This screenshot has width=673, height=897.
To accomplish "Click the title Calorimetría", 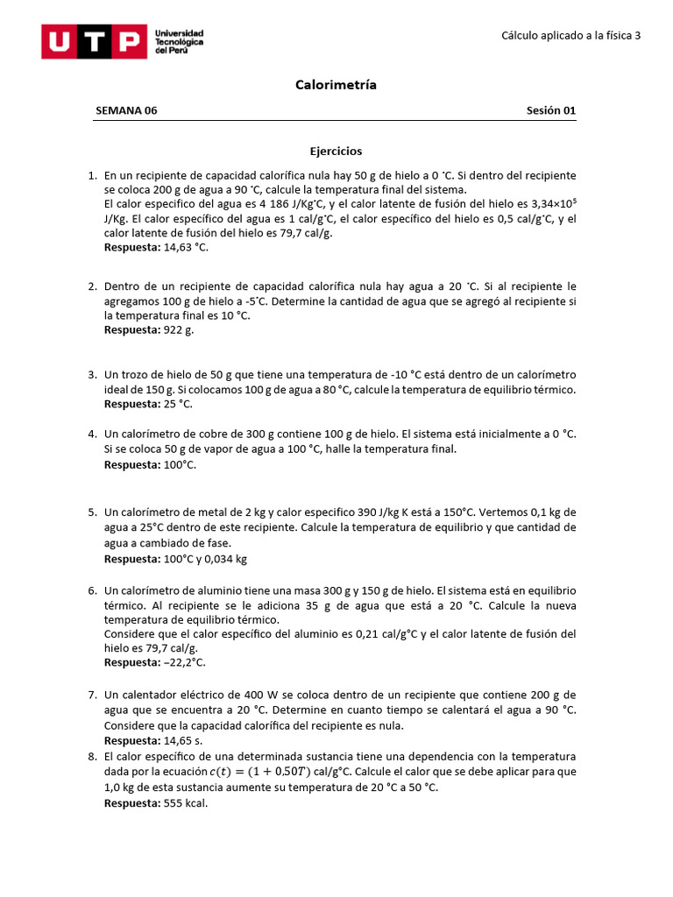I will tap(336, 85).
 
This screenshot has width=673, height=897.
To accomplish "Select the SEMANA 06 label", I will tap(126, 110).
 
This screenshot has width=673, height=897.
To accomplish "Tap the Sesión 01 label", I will tap(550, 110).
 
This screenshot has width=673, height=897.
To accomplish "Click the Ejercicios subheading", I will tap(336, 152).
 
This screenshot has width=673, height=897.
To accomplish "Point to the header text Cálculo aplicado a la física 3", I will tap(570, 36).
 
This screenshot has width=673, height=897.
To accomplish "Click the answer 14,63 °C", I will tap(186, 247).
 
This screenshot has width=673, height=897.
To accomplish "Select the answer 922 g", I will tap(179, 329).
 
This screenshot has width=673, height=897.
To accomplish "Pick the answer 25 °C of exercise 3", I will tap(178, 404).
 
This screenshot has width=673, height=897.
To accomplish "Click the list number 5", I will tap(92, 512).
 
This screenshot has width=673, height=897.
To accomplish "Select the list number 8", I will tap(92, 756).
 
